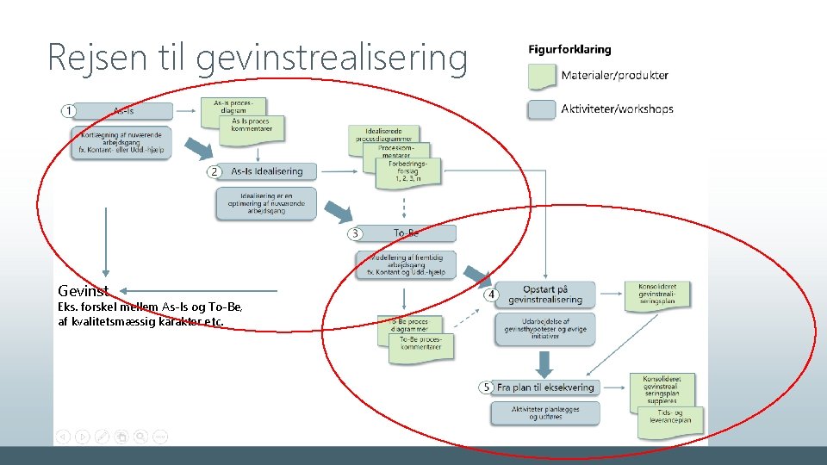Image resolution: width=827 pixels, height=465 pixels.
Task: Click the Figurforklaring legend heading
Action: click(x=569, y=50)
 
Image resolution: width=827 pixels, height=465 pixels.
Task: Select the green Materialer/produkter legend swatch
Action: click(x=542, y=77)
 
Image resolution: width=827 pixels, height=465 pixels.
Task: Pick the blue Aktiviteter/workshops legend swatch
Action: click(x=542, y=109)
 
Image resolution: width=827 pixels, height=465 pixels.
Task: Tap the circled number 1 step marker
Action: click(x=69, y=111)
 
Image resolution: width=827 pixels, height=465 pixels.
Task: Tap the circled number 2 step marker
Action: click(x=215, y=171)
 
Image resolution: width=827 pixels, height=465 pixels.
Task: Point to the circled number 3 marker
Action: click(x=355, y=233)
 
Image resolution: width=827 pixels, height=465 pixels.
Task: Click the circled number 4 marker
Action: click(x=490, y=294)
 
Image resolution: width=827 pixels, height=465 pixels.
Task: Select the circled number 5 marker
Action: click(x=486, y=387)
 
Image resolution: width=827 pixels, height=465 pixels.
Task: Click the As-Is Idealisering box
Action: click(x=266, y=171)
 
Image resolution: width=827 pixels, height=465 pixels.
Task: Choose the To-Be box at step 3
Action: click(x=406, y=233)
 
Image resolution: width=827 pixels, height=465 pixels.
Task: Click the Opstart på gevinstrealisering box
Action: click(x=544, y=294)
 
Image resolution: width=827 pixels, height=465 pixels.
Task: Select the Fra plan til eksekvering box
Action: click(x=545, y=387)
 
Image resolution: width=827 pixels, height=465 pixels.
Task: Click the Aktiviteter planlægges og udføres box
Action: click(x=544, y=412)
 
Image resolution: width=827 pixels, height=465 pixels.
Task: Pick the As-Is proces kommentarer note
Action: click(x=250, y=126)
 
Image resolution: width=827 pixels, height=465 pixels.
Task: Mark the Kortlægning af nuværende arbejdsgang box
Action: click(x=121, y=142)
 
